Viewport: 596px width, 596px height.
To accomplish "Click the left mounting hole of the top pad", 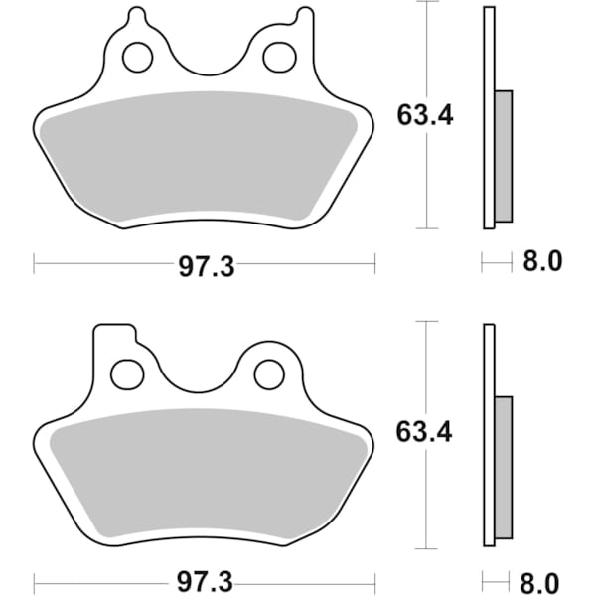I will point(137,58).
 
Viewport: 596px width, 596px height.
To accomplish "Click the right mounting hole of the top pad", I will point(277,58).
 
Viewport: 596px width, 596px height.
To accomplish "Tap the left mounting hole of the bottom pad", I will point(126,374).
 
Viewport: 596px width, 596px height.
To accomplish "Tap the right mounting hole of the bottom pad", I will point(268,374).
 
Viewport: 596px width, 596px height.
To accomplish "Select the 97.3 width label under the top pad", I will point(206,265).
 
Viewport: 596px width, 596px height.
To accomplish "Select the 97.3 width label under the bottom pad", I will point(206,578).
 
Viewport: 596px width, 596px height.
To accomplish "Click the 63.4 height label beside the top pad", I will point(425,116).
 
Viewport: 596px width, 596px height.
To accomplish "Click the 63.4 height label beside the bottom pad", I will point(425,433).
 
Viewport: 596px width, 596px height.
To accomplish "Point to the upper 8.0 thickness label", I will point(542,263).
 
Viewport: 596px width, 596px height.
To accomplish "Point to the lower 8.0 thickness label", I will point(542,578).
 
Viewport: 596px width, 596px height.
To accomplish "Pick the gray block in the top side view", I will point(504,156).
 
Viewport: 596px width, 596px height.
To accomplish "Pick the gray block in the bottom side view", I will point(504,472).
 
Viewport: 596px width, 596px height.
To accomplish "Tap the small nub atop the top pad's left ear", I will point(137,16).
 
